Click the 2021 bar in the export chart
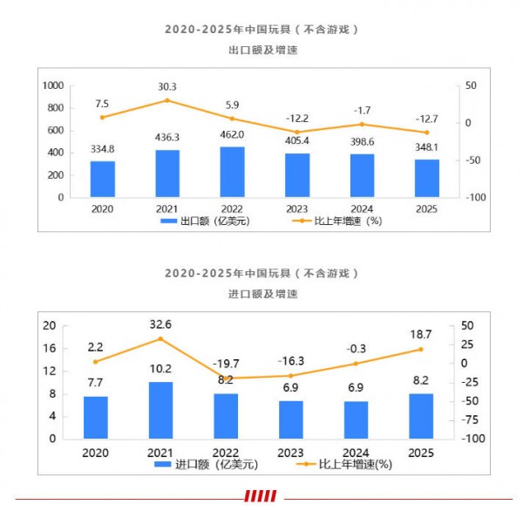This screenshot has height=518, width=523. coord(168,174)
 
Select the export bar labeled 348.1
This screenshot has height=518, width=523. coord(427,178)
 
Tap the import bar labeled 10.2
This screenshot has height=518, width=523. coord(160,410)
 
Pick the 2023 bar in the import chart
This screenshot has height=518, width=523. coord(291,419)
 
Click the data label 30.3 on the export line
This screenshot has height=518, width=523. coord(168,86)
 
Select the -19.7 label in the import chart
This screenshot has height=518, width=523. coord(226,364)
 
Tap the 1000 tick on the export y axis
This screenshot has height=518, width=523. coord(53,85)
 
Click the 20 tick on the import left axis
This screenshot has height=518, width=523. coord(50,325)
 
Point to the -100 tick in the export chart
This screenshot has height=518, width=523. coord(473,198)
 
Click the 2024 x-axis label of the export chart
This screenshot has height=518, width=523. coord(363,209)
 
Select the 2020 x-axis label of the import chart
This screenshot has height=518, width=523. coord(96,452)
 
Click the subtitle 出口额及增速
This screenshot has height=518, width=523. coord(261,51)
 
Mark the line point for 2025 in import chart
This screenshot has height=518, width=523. coord(420,350)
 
